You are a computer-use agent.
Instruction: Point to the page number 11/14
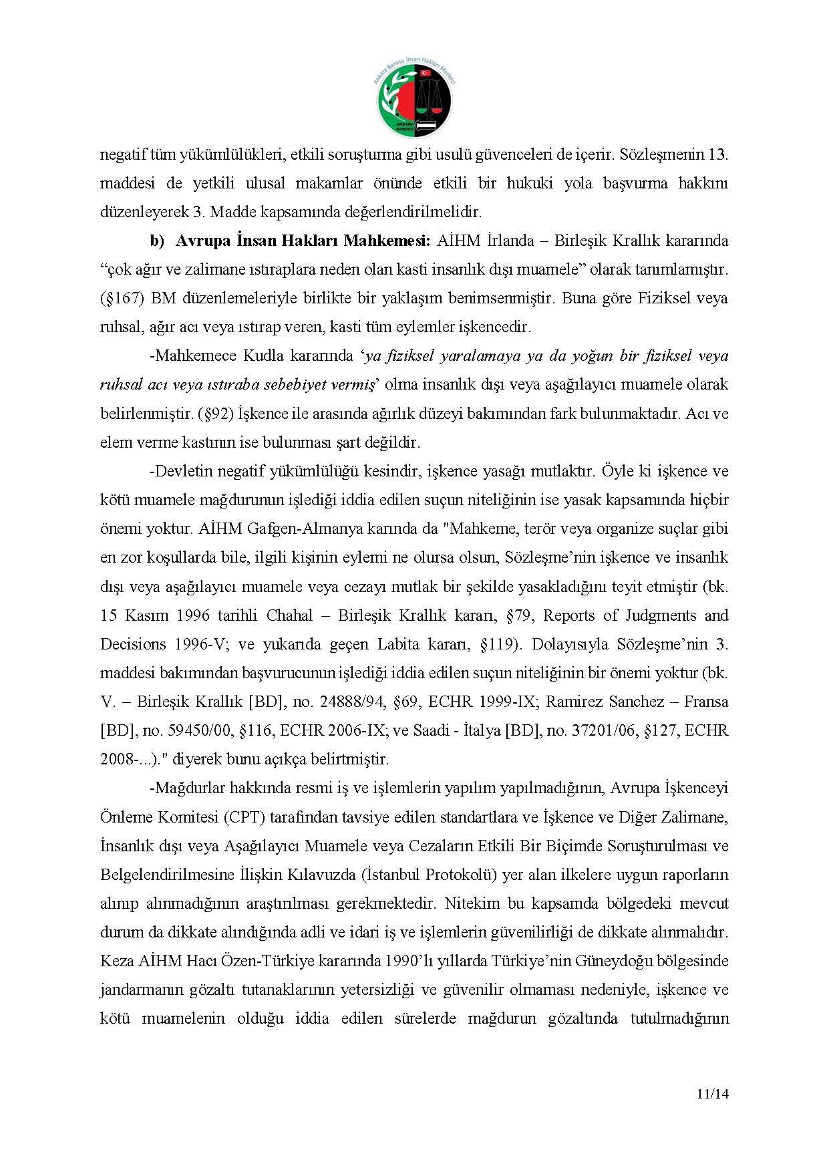[711, 1094]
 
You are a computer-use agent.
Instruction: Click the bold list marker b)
[157, 241]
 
